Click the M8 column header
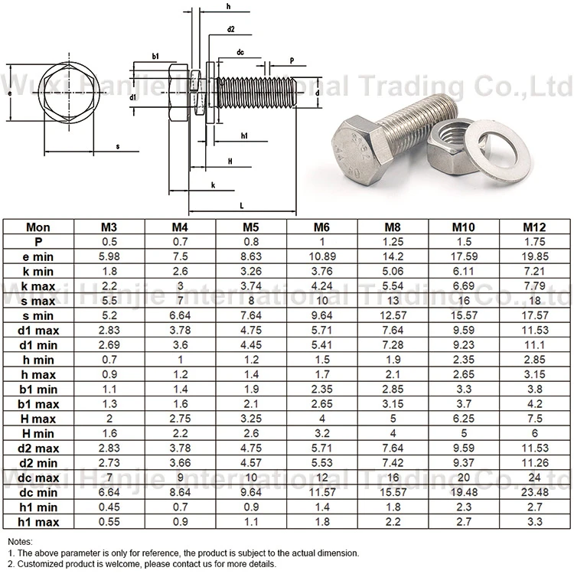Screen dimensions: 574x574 click(393, 227)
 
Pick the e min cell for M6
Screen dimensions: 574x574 click(322, 256)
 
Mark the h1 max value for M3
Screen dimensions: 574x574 click(109, 522)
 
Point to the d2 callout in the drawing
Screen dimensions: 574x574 click(230, 29)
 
